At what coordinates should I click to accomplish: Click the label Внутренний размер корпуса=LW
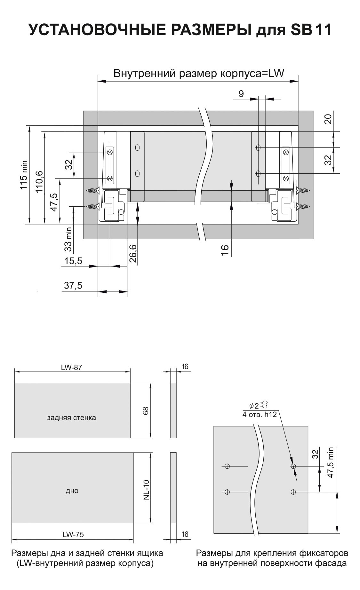[199, 74]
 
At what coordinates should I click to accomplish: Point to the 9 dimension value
[241, 94]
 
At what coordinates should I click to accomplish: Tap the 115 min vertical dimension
[24, 175]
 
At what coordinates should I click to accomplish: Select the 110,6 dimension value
[39, 181]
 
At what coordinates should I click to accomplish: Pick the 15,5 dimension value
[73, 261]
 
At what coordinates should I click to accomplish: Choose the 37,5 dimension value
[73, 285]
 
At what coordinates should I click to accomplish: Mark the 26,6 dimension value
[133, 253]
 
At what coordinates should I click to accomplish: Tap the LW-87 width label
[71, 367]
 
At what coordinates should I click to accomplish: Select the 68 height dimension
[146, 411]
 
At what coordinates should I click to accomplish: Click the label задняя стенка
[71, 418]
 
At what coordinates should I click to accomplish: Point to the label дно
[72, 490]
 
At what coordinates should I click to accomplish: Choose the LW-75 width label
[74, 534]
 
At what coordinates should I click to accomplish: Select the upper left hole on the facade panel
[228, 466]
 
